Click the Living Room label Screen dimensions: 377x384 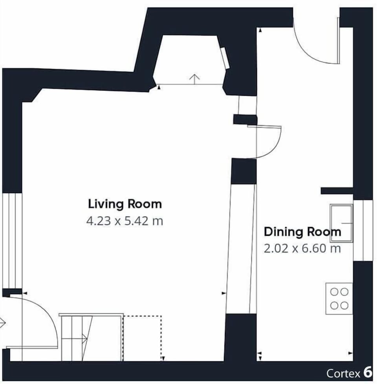(x=125, y=204)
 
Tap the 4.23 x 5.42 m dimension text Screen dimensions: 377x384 (x=125, y=221)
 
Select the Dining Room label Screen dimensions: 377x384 (x=302, y=232)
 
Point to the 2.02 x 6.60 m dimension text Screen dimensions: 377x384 (x=302, y=249)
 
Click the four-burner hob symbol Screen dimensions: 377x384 (x=339, y=299)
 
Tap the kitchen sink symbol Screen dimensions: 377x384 (x=341, y=223)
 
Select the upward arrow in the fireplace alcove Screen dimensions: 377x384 (x=195, y=79)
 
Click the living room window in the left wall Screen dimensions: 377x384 (x=12, y=241)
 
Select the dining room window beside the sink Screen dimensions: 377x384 (x=363, y=231)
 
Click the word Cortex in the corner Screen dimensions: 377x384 (x=343, y=373)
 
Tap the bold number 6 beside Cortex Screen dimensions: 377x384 (x=368, y=373)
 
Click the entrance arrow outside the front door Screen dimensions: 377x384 (x=2, y=323)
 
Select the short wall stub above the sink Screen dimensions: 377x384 (x=337, y=191)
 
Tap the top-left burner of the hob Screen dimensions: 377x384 (x=334, y=292)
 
